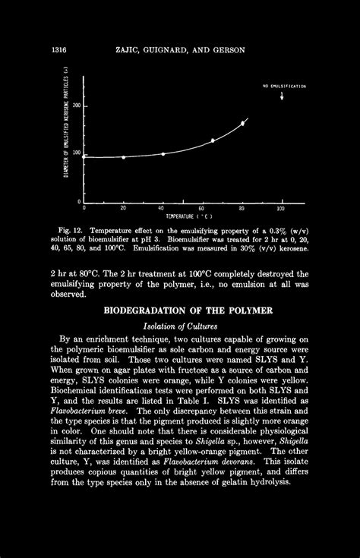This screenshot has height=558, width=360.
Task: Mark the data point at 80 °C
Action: [243, 122]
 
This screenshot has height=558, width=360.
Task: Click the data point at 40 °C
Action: [163, 154]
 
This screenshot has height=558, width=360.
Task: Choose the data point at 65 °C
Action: [213, 141]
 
